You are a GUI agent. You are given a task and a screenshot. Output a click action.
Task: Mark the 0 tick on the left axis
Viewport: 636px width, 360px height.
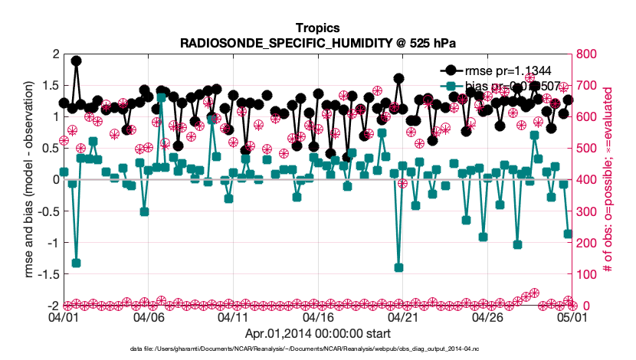click(x=54, y=179)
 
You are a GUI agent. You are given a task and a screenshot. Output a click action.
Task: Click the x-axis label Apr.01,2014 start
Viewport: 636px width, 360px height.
click(x=317, y=333)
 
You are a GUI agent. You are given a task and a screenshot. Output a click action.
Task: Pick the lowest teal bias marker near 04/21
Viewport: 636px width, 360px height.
click(x=398, y=267)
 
